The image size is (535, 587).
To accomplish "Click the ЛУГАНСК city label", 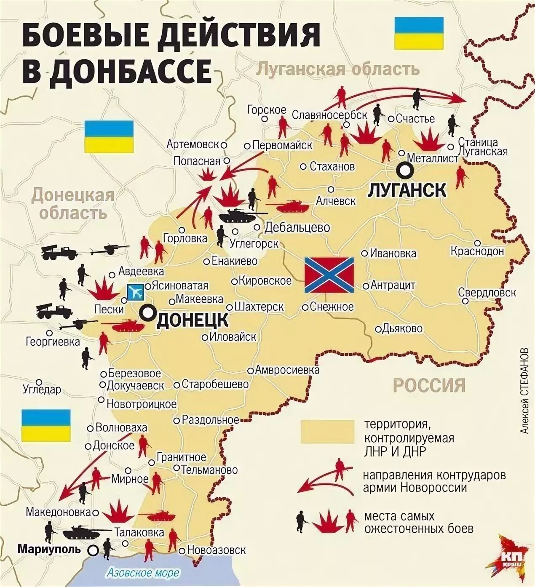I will tap(407, 190).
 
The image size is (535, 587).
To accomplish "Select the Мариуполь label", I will tap(49, 550).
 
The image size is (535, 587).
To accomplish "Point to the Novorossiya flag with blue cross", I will tap(329, 275).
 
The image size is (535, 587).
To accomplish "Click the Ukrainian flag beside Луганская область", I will tap(418, 33).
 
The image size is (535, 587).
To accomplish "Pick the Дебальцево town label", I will tap(297, 227).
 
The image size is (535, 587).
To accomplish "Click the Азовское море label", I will tap(143, 573).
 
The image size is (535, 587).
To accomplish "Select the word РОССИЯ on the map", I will tap(429, 385).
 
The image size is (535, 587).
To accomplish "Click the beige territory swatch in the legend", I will tap(327, 432).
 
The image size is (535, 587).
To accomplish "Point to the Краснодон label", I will tap(477, 251).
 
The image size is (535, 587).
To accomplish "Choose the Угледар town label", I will tap(42, 390).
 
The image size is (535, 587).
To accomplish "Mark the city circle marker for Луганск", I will tap(405, 170).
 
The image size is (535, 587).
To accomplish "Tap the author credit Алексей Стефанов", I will tap(524, 390).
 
